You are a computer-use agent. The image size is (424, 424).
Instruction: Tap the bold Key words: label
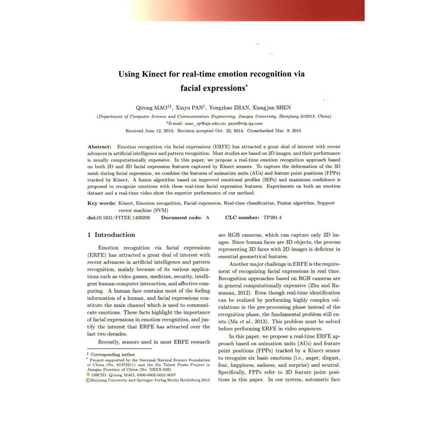(x=101, y=203)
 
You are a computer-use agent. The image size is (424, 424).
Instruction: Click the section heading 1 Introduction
(x=111, y=235)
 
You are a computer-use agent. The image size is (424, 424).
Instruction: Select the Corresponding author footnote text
(x=113, y=354)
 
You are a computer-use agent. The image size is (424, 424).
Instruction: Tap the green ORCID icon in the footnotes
(x=88, y=375)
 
